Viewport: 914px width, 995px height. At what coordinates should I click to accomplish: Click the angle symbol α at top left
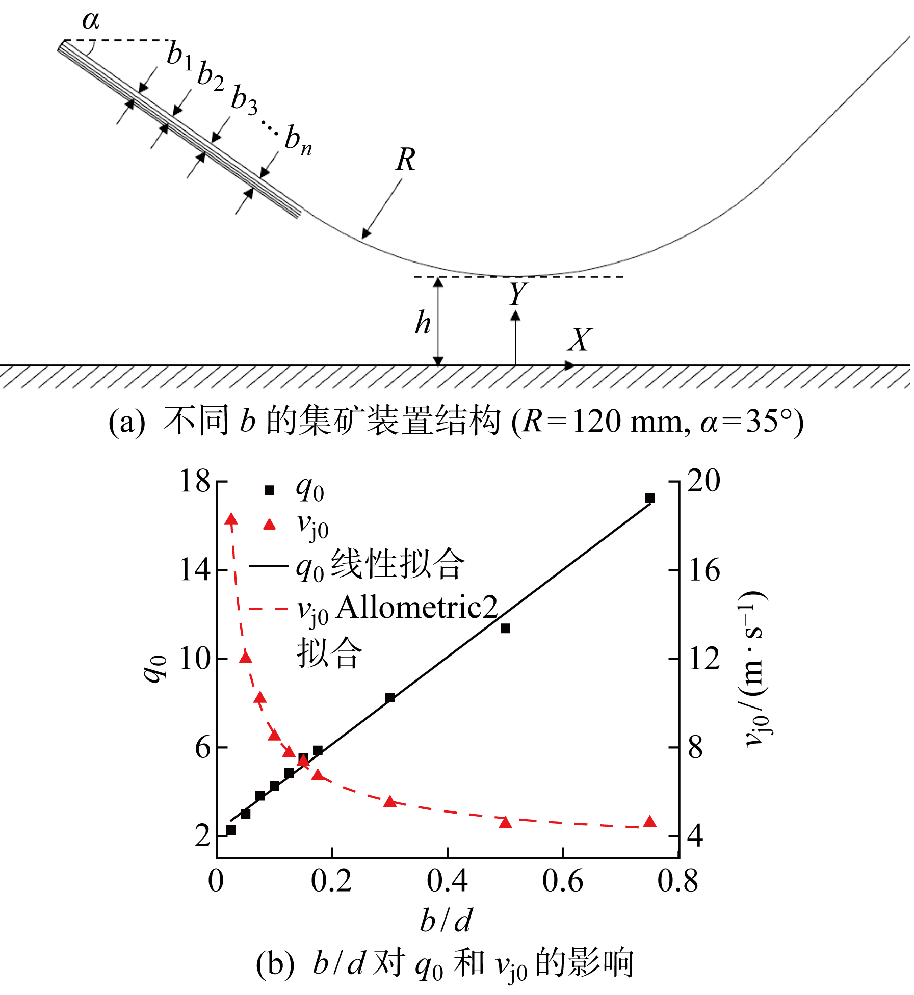[x=91, y=20]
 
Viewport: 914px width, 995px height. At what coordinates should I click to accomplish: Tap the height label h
[x=423, y=323]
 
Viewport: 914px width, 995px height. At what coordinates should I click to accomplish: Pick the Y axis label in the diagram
[x=517, y=294]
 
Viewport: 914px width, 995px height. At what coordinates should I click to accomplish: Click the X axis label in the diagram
[x=580, y=339]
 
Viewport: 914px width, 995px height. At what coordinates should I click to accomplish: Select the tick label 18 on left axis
[x=195, y=481]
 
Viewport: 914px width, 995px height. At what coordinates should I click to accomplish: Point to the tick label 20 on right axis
[x=703, y=481]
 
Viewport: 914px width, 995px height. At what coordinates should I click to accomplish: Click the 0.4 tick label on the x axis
[x=447, y=880]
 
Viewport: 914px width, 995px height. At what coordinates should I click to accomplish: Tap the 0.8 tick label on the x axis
[x=677, y=880]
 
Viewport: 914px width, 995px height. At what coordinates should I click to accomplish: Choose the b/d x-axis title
[x=446, y=920]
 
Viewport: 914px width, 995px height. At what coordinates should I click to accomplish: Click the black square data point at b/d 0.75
[x=649, y=498]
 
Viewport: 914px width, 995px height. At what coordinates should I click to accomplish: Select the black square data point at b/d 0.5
[x=505, y=629]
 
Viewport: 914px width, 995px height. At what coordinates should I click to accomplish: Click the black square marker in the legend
[x=269, y=490]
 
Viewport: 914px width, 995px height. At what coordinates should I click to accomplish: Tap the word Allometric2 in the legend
[x=417, y=608]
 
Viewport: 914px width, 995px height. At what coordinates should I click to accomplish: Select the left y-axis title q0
[x=154, y=668]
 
